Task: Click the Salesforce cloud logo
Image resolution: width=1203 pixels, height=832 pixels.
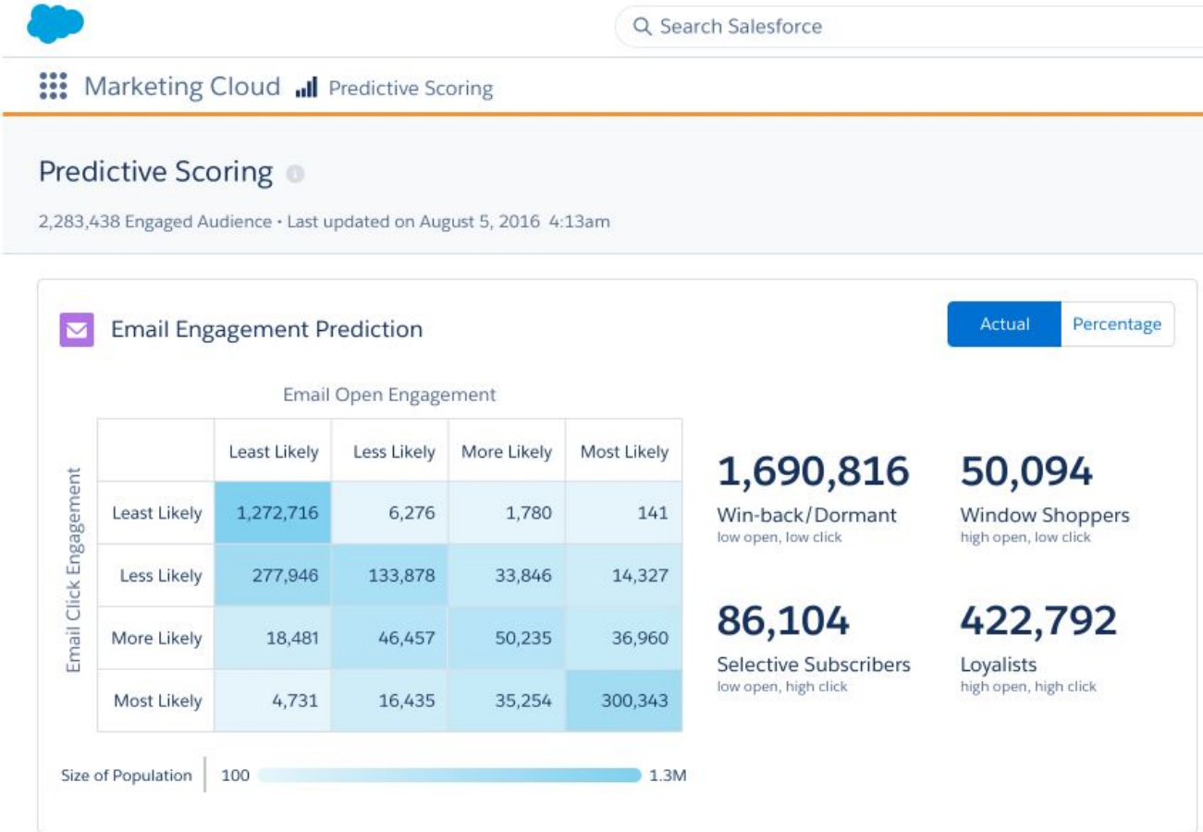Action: click(x=55, y=23)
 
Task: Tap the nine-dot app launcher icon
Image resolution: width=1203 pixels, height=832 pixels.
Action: click(x=54, y=87)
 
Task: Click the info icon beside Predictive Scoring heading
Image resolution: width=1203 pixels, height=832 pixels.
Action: click(x=295, y=174)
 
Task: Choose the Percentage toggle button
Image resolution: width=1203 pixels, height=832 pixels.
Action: click(x=1117, y=324)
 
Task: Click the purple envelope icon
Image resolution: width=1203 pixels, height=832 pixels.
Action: click(x=77, y=330)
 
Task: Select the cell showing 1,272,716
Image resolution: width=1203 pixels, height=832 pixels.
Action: click(x=273, y=513)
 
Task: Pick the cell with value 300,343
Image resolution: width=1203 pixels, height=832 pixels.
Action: click(x=624, y=701)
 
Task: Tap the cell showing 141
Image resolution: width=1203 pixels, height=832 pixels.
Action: click(x=624, y=513)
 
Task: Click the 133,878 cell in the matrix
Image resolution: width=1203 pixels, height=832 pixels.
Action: click(x=390, y=576)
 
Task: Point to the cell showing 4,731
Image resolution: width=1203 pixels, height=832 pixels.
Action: click(x=273, y=701)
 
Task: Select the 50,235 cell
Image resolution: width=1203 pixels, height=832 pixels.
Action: click(x=507, y=639)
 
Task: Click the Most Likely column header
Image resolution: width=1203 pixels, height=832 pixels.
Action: click(x=624, y=452)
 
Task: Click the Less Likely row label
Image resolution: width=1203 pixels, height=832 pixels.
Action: click(x=156, y=576)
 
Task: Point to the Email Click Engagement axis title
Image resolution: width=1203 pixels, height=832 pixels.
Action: click(x=74, y=575)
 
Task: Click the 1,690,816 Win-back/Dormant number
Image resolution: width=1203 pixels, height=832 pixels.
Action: click(x=813, y=472)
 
